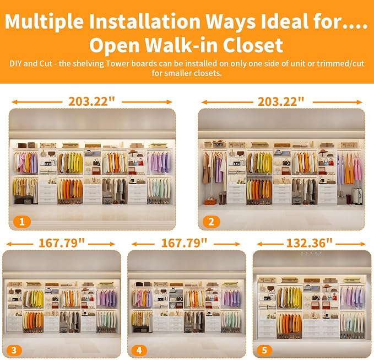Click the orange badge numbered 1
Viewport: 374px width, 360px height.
[22, 222]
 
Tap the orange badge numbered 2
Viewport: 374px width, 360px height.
[212, 222]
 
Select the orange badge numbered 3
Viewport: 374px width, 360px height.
[14, 350]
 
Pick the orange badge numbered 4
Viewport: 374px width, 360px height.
[139, 350]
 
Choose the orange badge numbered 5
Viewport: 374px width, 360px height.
[264, 350]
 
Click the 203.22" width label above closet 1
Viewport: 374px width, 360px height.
[91, 101]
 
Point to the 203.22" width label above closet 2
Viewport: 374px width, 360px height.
[281, 101]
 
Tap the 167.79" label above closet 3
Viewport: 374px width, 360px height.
[62, 243]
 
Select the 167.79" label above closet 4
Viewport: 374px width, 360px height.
[184, 243]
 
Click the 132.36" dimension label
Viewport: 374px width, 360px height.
[309, 243]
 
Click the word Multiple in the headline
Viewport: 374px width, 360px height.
[45, 22]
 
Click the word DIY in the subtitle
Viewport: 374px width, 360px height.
[16, 63]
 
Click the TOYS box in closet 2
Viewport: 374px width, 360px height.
[219, 144]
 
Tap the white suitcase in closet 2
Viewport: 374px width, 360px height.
[357, 196]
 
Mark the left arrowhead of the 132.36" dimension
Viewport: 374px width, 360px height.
[259, 244]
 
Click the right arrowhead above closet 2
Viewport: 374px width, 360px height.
[360, 102]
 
